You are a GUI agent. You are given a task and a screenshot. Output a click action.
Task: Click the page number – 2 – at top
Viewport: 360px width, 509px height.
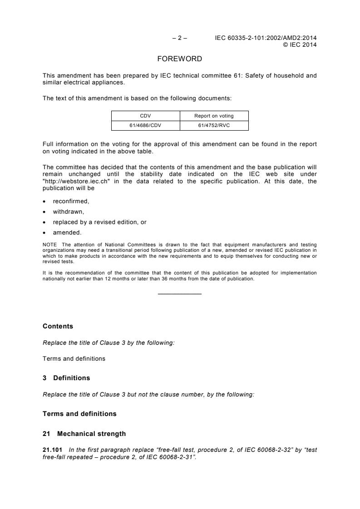pyautogui.click(x=180, y=38)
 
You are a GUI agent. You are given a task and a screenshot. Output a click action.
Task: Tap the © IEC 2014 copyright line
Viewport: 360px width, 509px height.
pyautogui.click(x=300, y=44)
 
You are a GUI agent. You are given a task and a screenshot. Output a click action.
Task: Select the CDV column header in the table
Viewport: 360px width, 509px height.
pyautogui.click(x=145, y=116)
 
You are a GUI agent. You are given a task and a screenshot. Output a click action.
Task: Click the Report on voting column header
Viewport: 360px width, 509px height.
pyautogui.click(x=214, y=116)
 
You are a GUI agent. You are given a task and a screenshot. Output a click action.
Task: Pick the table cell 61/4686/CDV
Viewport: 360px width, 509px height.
pyautogui.click(x=145, y=126)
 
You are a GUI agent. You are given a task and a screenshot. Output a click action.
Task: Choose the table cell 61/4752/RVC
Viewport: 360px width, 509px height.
pyautogui.click(x=214, y=126)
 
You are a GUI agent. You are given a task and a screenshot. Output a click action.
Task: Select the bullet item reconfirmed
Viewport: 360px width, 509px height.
pyautogui.click(x=70, y=201)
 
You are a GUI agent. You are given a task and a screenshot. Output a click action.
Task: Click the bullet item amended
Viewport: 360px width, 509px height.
pyautogui.click(x=67, y=233)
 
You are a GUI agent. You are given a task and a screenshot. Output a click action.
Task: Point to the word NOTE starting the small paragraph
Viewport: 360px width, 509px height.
pyautogui.click(x=49, y=244)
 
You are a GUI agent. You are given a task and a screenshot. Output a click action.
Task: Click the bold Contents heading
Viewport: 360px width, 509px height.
pyautogui.click(x=58, y=326)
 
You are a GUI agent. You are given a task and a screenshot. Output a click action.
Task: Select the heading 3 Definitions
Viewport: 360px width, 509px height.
pyautogui.click(x=66, y=378)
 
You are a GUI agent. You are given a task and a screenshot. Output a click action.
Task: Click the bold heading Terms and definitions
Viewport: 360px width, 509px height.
pyautogui.click(x=79, y=414)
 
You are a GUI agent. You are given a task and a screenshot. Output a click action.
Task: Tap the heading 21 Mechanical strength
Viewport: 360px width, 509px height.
pyautogui.click(x=84, y=434)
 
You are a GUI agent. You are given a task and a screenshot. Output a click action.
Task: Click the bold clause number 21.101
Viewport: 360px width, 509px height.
pyautogui.click(x=52, y=450)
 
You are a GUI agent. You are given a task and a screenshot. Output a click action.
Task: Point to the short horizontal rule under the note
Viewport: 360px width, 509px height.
pyautogui.click(x=179, y=294)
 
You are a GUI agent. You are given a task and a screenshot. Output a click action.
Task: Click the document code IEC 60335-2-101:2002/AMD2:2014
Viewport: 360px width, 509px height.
pyautogui.click(x=266, y=38)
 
